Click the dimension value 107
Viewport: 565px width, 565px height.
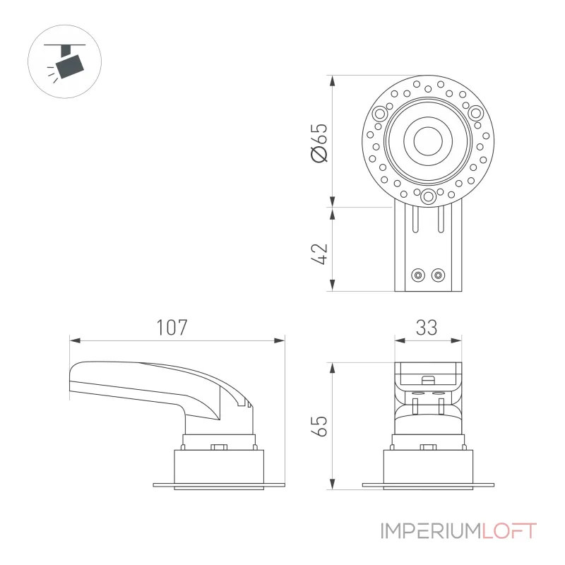click(x=172, y=328)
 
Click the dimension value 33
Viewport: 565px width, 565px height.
click(x=427, y=328)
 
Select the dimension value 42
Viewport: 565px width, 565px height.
click(x=320, y=254)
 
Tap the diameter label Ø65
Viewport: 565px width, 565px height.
click(x=320, y=143)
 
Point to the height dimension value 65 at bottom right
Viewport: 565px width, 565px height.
click(x=320, y=427)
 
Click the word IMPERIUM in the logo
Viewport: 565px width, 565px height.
click(x=432, y=531)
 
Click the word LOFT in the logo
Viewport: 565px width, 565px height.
click(x=510, y=531)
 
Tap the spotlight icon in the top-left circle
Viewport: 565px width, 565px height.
click(x=66, y=62)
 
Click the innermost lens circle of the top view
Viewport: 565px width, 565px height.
click(x=428, y=141)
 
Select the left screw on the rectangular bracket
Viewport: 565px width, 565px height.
click(x=418, y=275)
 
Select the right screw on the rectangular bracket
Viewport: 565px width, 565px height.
click(x=438, y=275)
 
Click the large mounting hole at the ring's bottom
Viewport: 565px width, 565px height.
click(x=428, y=197)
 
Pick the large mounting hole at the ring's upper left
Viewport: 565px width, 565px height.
click(x=380, y=114)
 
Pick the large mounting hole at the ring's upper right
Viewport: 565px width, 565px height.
click(x=475, y=114)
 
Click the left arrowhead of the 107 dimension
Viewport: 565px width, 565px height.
click(x=75, y=340)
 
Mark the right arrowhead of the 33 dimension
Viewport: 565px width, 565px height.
click(x=456, y=340)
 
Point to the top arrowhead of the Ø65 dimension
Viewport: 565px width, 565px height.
click(x=332, y=81)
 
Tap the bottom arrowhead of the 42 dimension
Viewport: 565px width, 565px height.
click(x=332, y=285)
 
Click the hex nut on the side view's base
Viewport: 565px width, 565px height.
click(x=219, y=447)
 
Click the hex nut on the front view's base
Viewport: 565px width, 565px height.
click(x=428, y=447)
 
